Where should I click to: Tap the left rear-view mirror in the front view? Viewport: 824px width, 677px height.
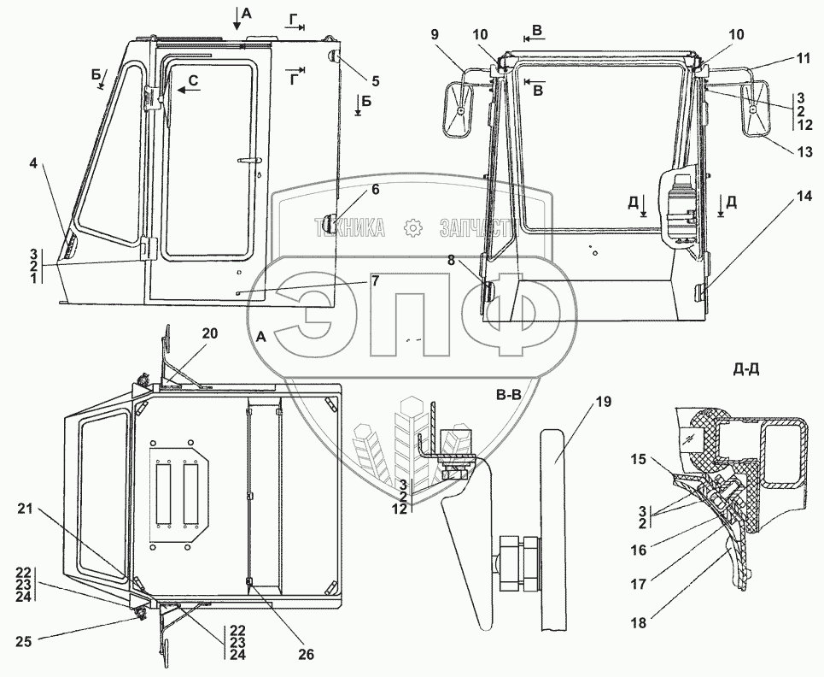[459, 111]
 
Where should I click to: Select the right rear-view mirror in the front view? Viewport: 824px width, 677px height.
[757, 109]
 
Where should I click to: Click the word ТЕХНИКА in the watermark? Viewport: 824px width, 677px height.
[349, 228]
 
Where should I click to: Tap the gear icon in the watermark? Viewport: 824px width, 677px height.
[413, 228]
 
